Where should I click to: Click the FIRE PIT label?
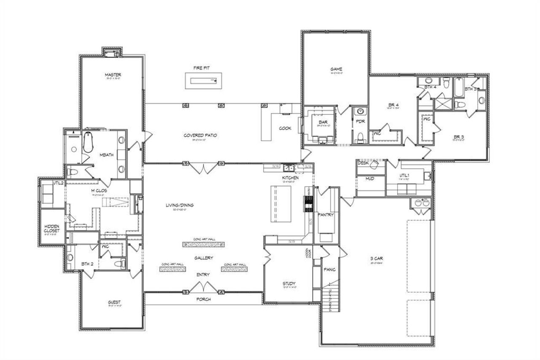pyautogui.click(x=202, y=68)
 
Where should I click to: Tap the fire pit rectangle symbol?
pyautogui.click(x=203, y=80)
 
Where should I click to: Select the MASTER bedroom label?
pyautogui.click(x=113, y=75)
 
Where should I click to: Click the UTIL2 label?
pyautogui.click(x=58, y=183)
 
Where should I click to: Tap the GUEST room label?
pyautogui.click(x=114, y=302)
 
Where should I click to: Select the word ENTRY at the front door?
pyautogui.click(x=203, y=275)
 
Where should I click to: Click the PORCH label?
pyautogui.click(x=203, y=299)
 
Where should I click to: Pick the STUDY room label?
pyautogui.click(x=289, y=283)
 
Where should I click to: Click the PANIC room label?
pyautogui.click(x=329, y=268)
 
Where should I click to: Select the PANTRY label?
pyautogui.click(x=326, y=215)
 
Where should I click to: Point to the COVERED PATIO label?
pyautogui.click(x=200, y=135)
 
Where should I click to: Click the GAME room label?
pyautogui.click(x=336, y=69)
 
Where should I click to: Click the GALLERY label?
pyautogui.click(x=203, y=257)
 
